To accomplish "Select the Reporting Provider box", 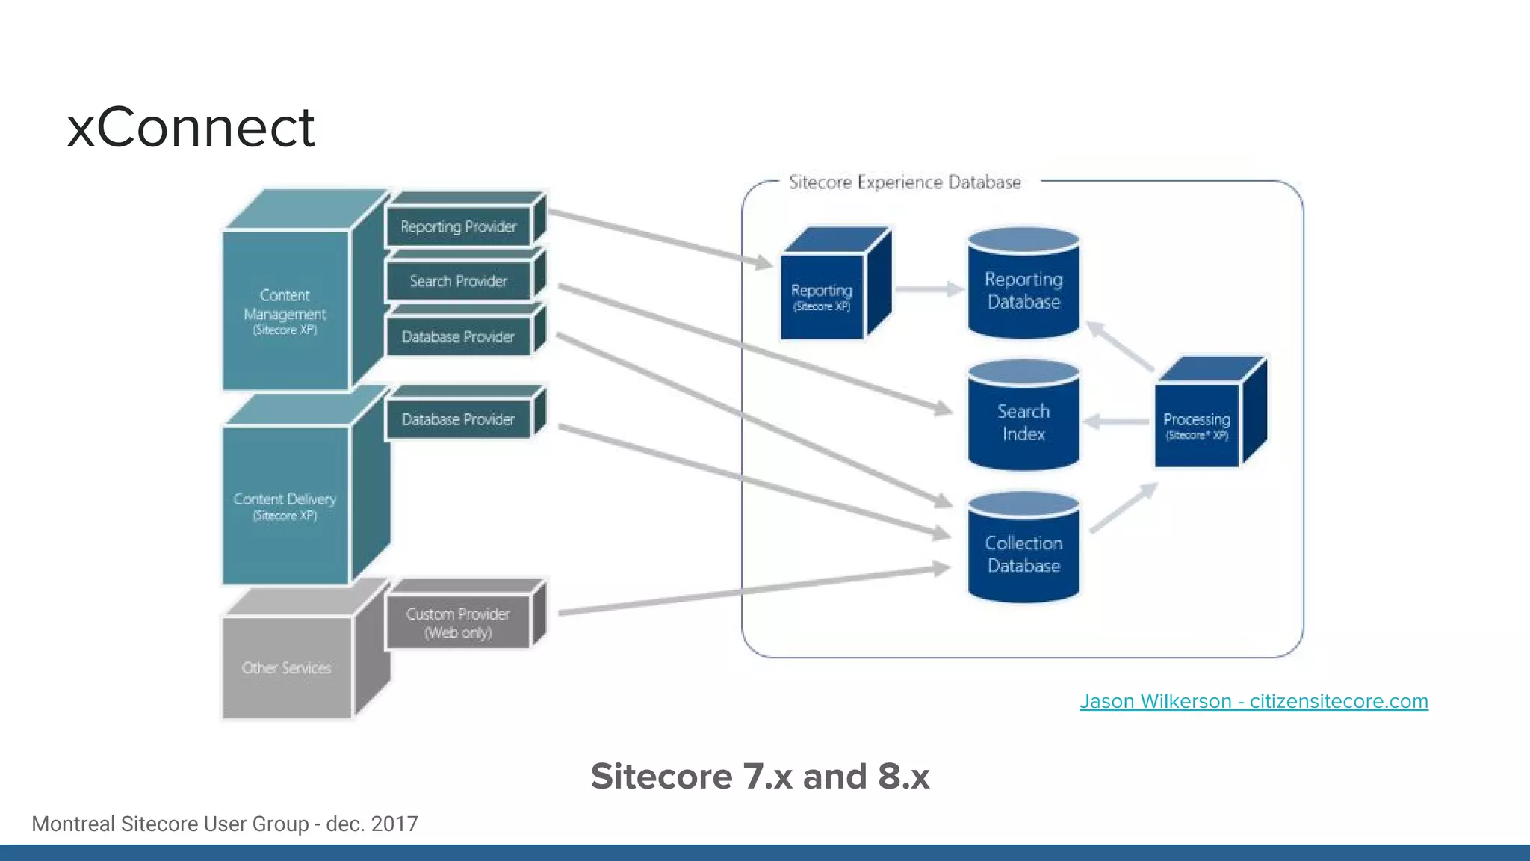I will tap(458, 226).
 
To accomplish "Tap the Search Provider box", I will tap(458, 281).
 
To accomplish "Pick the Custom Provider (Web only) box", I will tap(458, 623).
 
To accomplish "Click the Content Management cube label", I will tap(285, 312).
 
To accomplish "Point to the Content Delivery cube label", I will tap(285, 505).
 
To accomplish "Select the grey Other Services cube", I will tap(286, 667).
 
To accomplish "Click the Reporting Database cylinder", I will tap(1023, 290).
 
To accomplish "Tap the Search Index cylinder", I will tap(1023, 422).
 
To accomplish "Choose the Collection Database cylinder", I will tap(1023, 554).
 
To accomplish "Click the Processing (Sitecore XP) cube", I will tap(1196, 425).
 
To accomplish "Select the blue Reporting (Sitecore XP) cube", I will tap(822, 296).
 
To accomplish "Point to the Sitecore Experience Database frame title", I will tap(905, 182).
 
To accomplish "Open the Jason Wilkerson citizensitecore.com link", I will tap(1254, 701).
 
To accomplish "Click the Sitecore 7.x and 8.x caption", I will tap(760, 776).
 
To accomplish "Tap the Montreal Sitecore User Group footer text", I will tap(225, 824).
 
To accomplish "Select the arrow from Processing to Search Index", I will tap(1117, 422).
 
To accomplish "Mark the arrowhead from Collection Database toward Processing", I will tap(1148, 490).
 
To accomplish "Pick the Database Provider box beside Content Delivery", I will tap(458, 419).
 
